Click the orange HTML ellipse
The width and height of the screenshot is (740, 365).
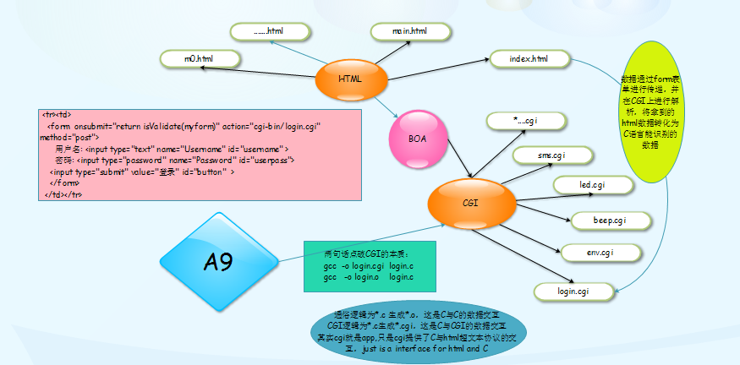pyautogui.click(x=350, y=79)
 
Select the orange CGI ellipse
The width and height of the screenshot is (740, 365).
pyautogui.click(x=470, y=204)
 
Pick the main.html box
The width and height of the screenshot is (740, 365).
pyautogui.click(x=409, y=32)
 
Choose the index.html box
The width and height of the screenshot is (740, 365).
pyautogui.click(x=529, y=59)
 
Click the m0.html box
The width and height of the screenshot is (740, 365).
pyautogui.click(x=199, y=59)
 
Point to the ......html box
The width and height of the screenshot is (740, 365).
pyautogui.click(x=269, y=32)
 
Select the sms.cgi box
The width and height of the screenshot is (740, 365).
pyautogui.click(x=551, y=155)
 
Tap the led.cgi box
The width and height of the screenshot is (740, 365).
pyautogui.click(x=591, y=184)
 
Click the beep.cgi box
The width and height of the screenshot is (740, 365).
pyautogui.click(x=609, y=221)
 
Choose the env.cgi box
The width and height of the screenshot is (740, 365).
pyautogui.click(x=599, y=253)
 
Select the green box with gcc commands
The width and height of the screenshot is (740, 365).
pyautogui.click(x=370, y=265)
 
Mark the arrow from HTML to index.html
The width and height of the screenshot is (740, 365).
pyautogui.click(x=437, y=68)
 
